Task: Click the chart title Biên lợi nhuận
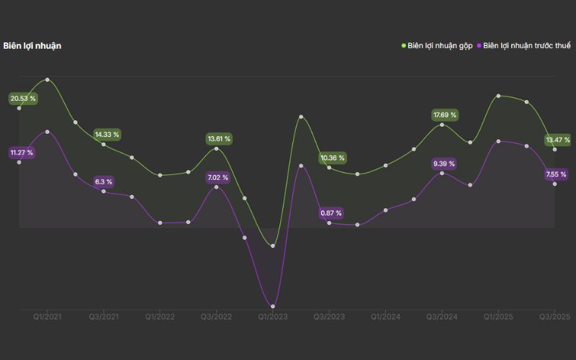32,46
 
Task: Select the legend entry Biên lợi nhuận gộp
437,46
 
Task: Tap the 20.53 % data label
22,98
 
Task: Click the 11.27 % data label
22,153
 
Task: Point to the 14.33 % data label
107,135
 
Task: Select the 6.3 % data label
104,182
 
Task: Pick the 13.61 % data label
220,138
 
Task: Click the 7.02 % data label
217,177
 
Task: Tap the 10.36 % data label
333,158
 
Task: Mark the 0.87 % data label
331,213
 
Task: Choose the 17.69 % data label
444,115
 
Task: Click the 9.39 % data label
444,164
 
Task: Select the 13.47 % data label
558,140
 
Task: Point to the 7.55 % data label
557,174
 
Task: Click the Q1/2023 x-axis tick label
273,317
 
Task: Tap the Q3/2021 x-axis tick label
104,317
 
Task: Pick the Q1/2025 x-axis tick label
498,317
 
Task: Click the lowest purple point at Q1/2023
273,307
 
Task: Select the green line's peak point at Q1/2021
48,79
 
